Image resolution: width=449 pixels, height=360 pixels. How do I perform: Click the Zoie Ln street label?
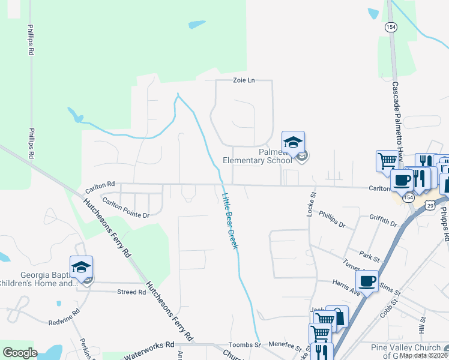(x=244, y=81)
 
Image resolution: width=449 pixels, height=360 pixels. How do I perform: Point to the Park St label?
(x=370, y=258)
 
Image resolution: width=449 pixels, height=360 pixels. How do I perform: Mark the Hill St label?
(x=423, y=326)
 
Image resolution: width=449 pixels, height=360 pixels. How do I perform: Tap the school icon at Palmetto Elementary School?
(x=294, y=143)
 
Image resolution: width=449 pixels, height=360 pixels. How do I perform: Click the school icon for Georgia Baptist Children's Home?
(x=82, y=268)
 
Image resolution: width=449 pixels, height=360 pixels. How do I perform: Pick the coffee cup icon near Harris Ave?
(x=367, y=281)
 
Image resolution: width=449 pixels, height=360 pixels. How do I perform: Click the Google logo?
(x=20, y=352)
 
